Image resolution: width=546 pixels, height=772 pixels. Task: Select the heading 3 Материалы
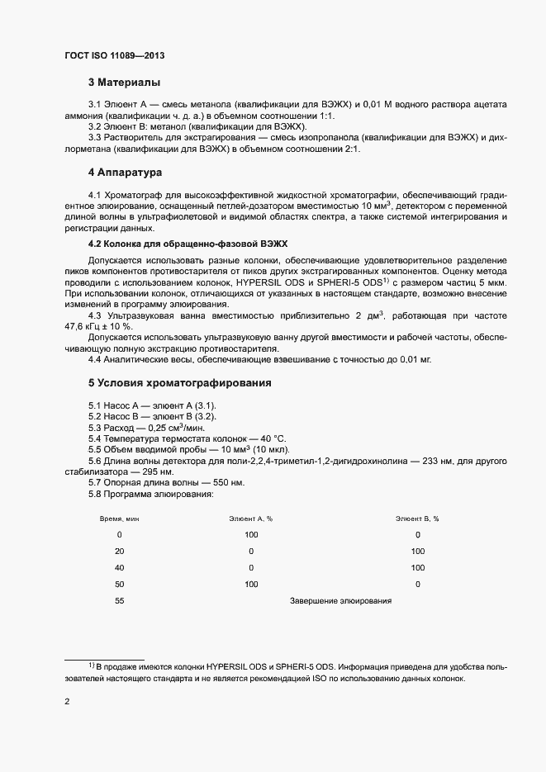coord(124,83)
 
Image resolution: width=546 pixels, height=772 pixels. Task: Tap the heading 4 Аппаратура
coord(126,173)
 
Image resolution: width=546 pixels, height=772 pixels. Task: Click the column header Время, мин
coord(120,519)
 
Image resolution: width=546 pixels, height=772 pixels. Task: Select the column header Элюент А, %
coord(250,519)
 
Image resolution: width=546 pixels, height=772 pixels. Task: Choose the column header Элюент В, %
coord(417,519)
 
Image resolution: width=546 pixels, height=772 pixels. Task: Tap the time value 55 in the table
coord(120,601)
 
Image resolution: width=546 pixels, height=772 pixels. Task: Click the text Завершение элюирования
coord(340,601)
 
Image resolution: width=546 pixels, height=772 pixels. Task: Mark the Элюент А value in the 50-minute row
coord(251,585)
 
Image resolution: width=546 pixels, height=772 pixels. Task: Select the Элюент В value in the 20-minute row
coord(417,551)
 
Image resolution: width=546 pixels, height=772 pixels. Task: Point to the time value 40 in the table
coord(120,568)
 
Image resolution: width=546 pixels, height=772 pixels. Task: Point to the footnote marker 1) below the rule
coord(91,665)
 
